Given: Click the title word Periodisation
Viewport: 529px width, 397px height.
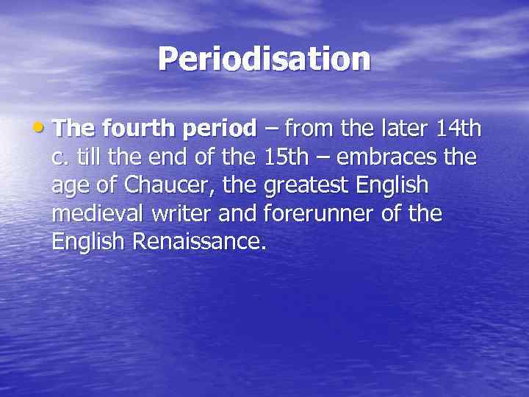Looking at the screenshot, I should tap(264, 59).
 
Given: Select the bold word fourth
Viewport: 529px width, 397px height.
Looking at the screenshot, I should tap(131, 129).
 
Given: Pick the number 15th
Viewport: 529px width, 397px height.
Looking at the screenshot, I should tap(287, 157).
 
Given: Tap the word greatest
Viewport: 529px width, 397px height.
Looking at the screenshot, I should tap(308, 187).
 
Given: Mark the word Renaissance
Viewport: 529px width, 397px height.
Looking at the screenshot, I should tap(199, 242).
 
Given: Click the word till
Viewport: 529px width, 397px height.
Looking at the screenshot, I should tap(87, 157).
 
